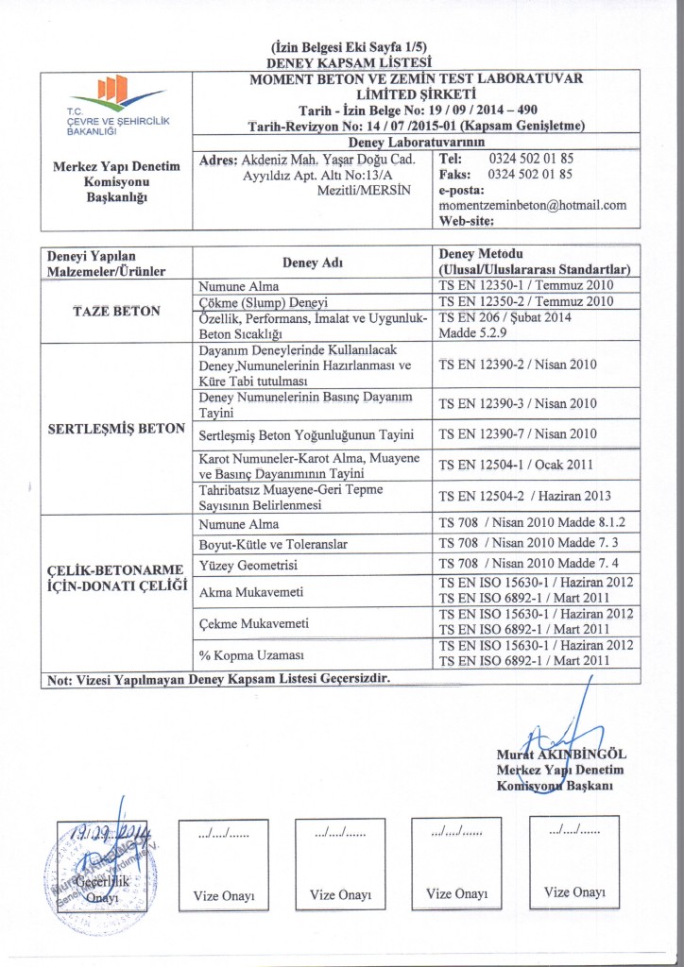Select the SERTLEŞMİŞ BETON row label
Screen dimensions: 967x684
click(117, 428)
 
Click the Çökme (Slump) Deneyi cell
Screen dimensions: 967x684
click(263, 302)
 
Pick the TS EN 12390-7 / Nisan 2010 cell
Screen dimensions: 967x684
click(516, 434)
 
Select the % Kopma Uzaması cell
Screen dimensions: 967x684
click(243, 654)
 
